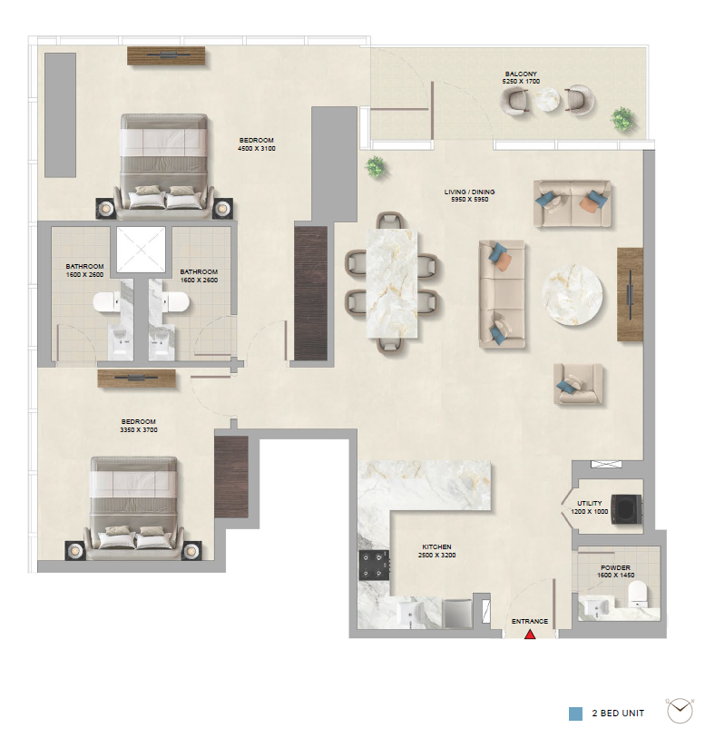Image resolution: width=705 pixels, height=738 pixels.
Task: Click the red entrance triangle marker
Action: click(530, 635)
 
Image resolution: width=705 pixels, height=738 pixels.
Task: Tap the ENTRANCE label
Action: click(530, 621)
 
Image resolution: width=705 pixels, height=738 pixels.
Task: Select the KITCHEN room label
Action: click(436, 546)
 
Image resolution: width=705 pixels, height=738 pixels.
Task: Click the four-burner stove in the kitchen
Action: click(374, 566)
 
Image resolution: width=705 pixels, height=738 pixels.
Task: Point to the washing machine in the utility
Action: click(626, 508)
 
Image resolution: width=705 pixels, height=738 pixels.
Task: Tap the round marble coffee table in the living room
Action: click(572, 294)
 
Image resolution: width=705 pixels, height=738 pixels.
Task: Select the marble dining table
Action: click(391, 283)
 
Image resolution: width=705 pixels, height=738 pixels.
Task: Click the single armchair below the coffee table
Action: click(578, 384)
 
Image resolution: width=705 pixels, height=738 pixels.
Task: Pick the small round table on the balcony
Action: click(547, 100)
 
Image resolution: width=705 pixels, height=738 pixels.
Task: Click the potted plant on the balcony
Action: click(623, 119)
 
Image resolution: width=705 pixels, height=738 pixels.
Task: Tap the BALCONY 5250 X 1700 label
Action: click(521, 78)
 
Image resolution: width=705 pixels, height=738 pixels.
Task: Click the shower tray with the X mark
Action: click(142, 250)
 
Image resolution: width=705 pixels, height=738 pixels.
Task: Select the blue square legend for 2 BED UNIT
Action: click(575, 713)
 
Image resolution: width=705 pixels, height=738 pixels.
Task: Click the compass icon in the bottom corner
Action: click(680, 710)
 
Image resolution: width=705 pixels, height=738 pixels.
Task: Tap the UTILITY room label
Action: click(589, 503)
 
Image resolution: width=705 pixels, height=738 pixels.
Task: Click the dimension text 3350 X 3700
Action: click(139, 429)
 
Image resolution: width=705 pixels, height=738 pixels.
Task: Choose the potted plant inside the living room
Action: click(376, 167)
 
